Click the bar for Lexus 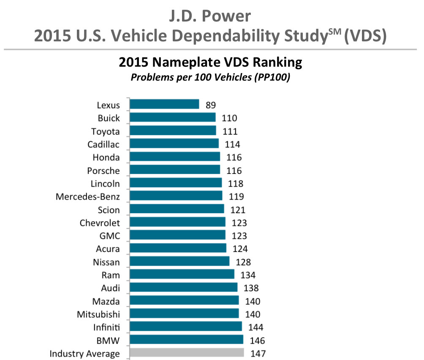164,104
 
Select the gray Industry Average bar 187,353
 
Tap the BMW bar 186,340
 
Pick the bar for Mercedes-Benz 176,196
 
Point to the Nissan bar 179,261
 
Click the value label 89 211,105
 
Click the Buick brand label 109,118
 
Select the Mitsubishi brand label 98,314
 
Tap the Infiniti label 106,328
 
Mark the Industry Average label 84,354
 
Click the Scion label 108,210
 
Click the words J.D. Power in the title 212,16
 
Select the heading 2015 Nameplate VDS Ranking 210,63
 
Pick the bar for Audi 183,287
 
